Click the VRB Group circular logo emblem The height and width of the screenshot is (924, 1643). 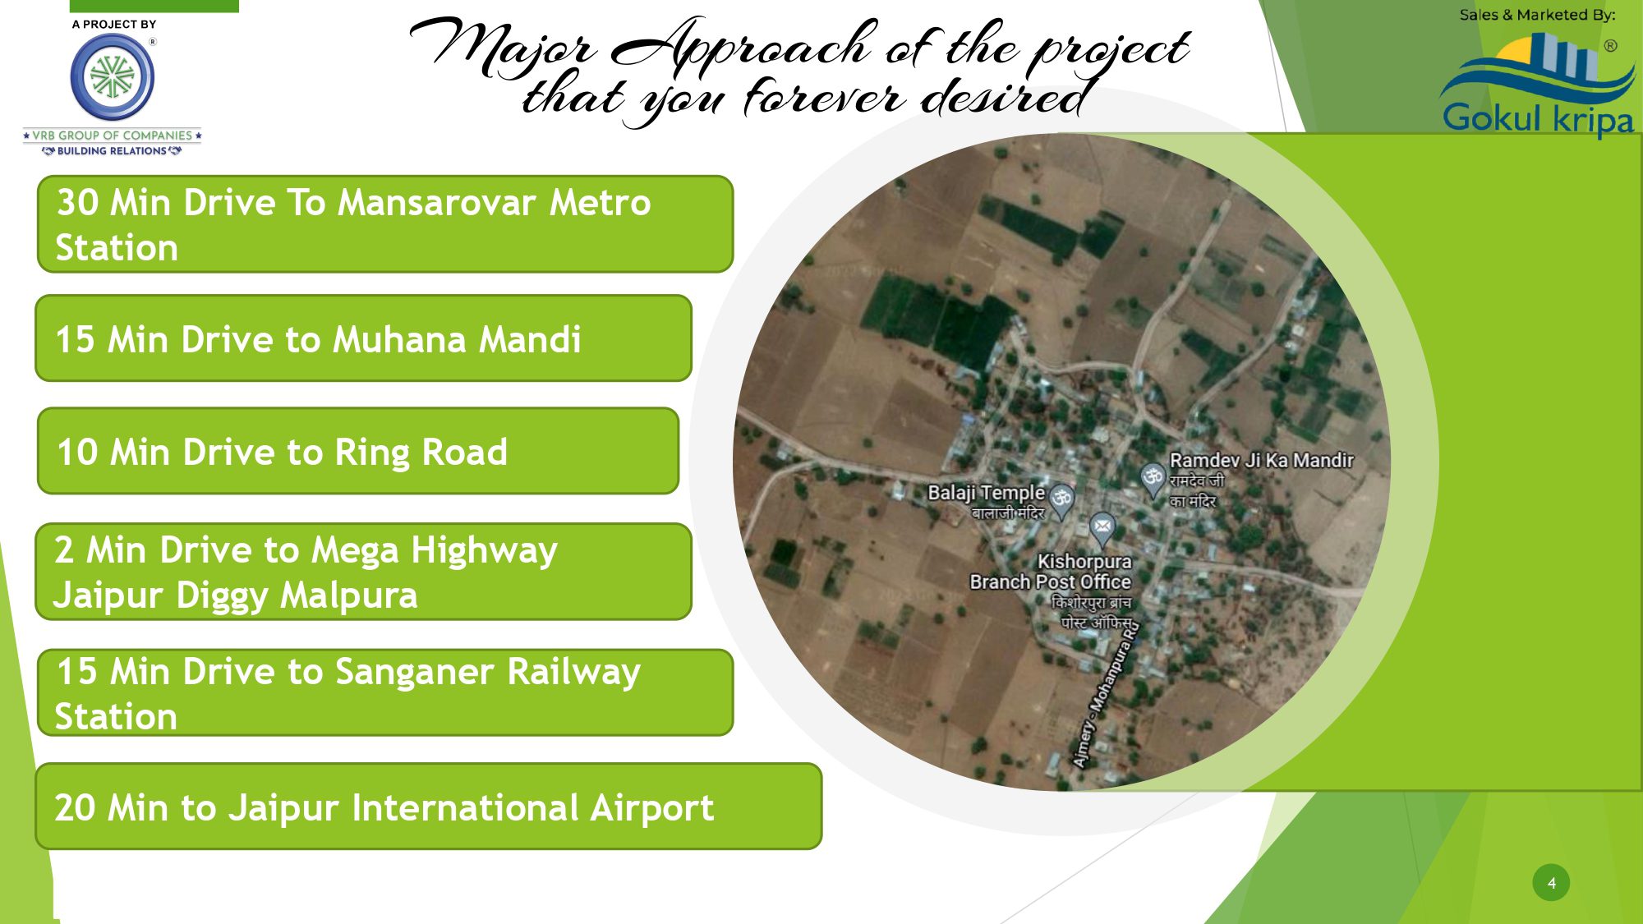(x=113, y=77)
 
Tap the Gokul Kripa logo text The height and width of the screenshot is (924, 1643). (x=1539, y=118)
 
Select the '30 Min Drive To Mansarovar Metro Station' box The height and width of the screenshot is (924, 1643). (x=385, y=224)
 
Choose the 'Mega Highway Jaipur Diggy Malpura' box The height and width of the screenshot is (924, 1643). (x=363, y=572)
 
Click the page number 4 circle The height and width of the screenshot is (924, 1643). (x=1551, y=883)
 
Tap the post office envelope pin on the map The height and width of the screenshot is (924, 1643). (x=1102, y=527)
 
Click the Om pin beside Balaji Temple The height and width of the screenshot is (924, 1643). (x=1062, y=500)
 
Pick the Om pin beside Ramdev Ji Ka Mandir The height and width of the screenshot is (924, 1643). (x=1153, y=479)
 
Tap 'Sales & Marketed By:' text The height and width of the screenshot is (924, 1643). (x=1537, y=15)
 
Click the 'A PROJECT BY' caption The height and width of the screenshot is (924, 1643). (x=113, y=25)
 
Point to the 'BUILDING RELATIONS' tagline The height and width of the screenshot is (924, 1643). (x=112, y=151)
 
